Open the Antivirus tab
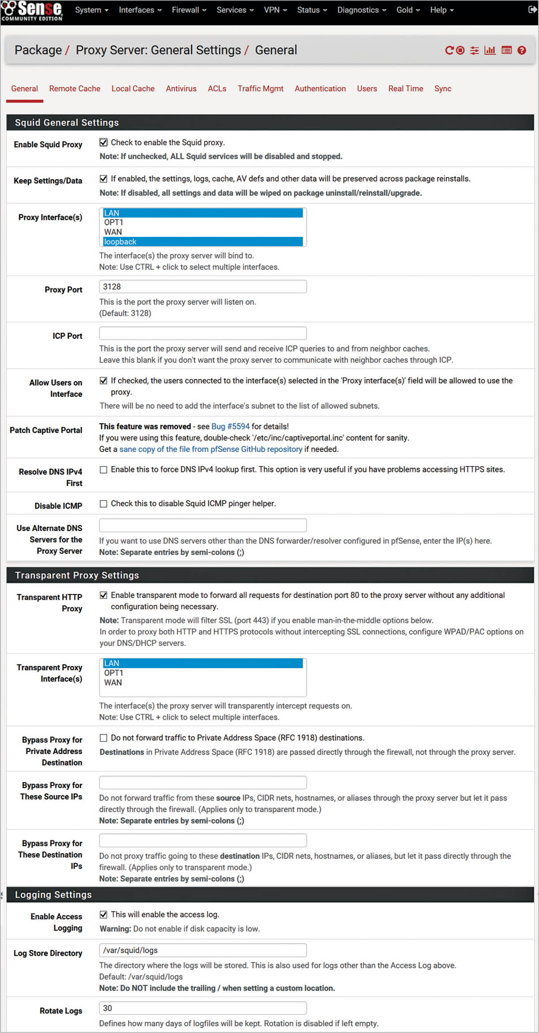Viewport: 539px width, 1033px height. (181, 88)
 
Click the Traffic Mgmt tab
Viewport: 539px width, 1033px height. (260, 88)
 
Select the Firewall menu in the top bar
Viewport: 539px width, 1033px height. (188, 10)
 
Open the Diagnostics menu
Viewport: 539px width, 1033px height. (361, 10)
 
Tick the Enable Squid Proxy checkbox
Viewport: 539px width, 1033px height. (103, 142)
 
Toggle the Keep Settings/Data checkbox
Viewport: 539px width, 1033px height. (103, 179)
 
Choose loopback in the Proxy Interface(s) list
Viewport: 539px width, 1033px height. (203, 242)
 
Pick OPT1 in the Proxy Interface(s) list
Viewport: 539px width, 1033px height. (203, 222)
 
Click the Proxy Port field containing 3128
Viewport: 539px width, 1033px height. (203, 287)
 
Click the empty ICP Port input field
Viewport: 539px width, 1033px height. (203, 333)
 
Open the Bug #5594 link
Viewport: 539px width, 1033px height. (230, 426)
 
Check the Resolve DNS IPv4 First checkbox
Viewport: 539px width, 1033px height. (103, 470)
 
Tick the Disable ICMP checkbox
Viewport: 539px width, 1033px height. (103, 504)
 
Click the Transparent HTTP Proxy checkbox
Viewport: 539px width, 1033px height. (103, 595)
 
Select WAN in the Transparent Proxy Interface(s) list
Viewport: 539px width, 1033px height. (203, 683)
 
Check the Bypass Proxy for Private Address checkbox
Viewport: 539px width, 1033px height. (103, 738)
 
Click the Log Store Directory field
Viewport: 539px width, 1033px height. (203, 950)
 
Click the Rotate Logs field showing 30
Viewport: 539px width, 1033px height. (203, 1008)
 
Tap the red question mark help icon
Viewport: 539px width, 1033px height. (522, 50)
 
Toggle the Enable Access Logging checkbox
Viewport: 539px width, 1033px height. (103, 915)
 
